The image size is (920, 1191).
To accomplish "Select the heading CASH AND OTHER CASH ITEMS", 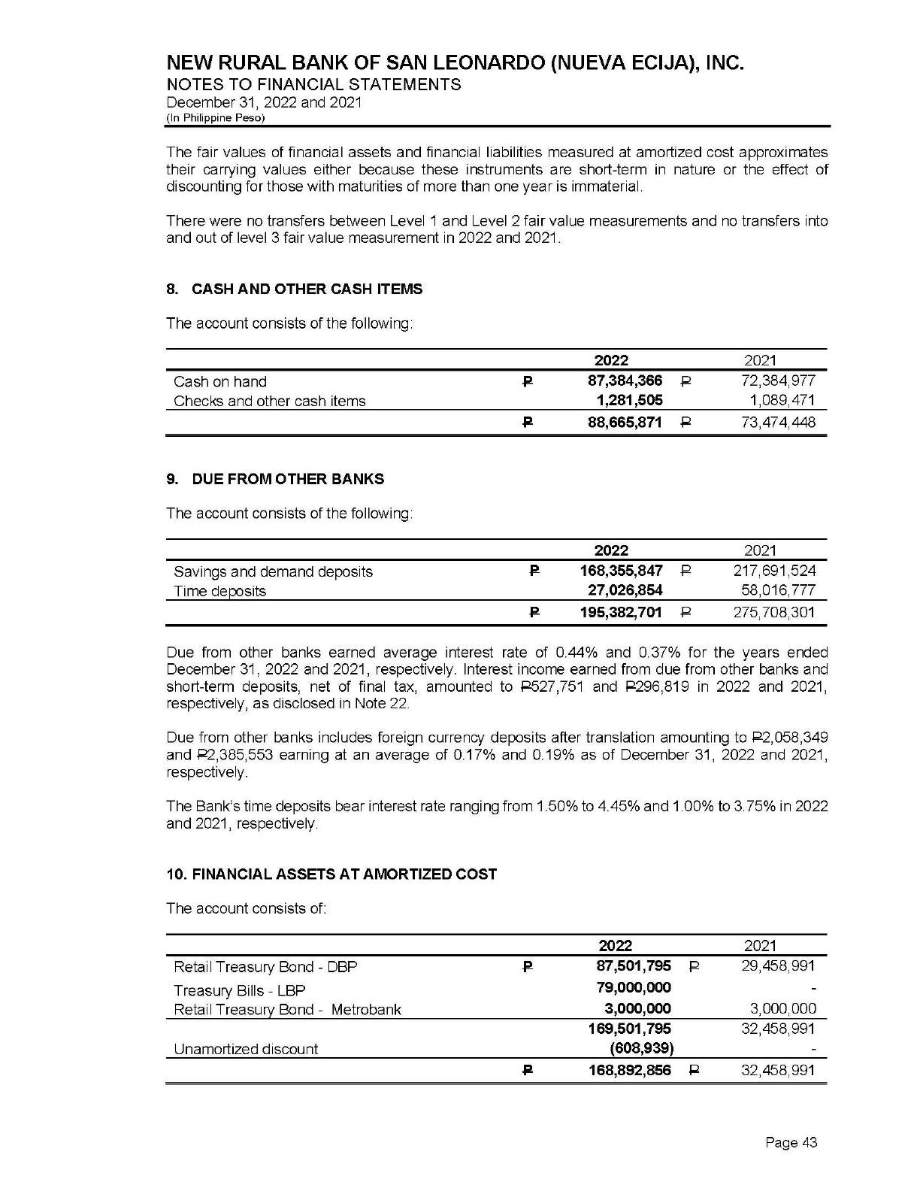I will pos(307,289).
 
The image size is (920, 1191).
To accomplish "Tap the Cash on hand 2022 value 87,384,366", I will pos(625,381).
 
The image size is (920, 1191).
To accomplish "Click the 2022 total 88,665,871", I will pos(625,423).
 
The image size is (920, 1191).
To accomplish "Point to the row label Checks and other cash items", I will pos(269,401).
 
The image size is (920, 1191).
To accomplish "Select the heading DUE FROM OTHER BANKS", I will pos(288,479).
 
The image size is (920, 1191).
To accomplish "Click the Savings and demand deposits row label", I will pos(273,571).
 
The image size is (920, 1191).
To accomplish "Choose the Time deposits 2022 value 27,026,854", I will pos(625,591).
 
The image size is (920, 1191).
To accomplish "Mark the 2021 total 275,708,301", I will pos(774,613).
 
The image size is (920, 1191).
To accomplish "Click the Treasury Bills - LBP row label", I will pos(239,990).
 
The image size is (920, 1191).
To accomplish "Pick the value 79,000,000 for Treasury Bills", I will pos(634,987).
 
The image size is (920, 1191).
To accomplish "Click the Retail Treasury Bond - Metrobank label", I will pos(287,1010).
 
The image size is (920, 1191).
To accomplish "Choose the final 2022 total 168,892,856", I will pos(629,1071).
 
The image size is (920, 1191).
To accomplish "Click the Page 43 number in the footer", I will pos(791,1143).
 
